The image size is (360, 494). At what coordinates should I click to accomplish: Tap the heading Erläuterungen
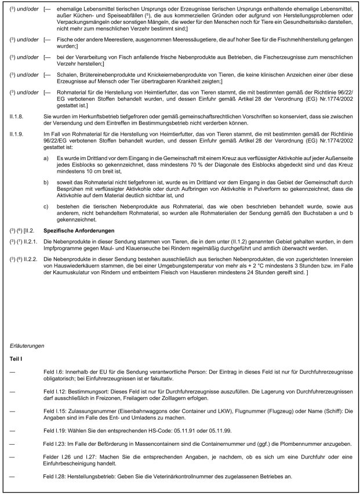click(28, 346)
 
